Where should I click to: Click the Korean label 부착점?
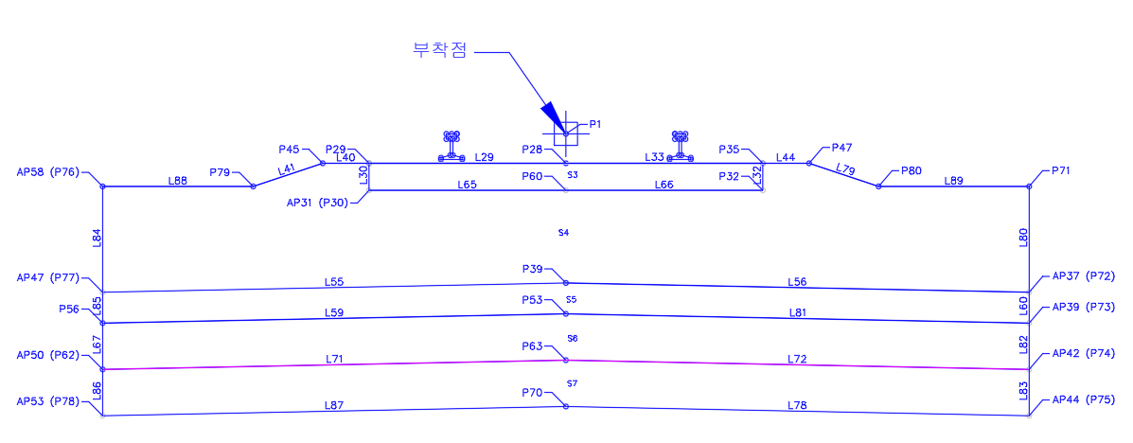pyautogui.click(x=438, y=50)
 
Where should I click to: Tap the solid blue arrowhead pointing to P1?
pyautogui.click(x=551, y=115)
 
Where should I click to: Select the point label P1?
pyautogui.click(x=594, y=124)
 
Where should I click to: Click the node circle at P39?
pyautogui.click(x=566, y=283)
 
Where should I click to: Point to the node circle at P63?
pyautogui.click(x=566, y=360)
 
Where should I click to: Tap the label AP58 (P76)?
pyautogui.click(x=48, y=172)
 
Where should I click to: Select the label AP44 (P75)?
pyautogui.click(x=1084, y=399)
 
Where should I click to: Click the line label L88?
pyautogui.click(x=178, y=181)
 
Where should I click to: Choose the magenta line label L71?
pyautogui.click(x=334, y=358)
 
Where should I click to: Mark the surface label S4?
pyautogui.click(x=563, y=233)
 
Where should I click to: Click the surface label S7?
pyautogui.click(x=573, y=383)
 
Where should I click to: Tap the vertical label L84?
pyautogui.click(x=97, y=239)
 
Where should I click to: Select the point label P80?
pyautogui.click(x=912, y=170)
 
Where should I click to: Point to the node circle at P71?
pyautogui.click(x=1029, y=186)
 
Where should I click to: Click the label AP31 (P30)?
pyautogui.click(x=319, y=204)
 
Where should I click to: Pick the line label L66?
pyautogui.click(x=664, y=185)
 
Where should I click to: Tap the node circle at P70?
pyautogui.click(x=566, y=406)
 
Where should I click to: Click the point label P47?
pyautogui.click(x=841, y=148)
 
